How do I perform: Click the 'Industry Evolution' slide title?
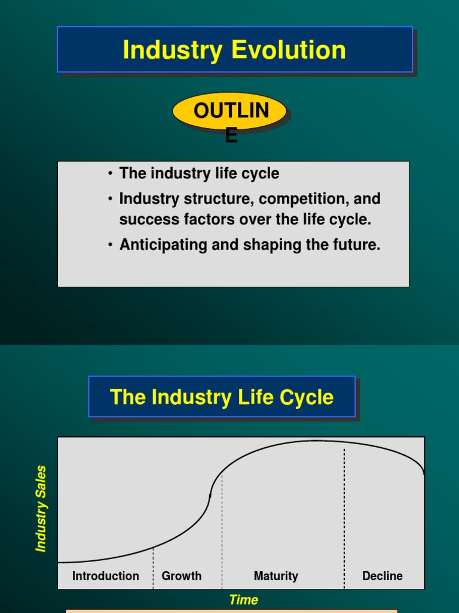(234, 50)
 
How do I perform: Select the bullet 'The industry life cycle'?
(199, 174)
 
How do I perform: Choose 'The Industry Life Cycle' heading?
(222, 397)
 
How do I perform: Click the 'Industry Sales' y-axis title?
(41, 508)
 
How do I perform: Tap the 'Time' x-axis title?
(244, 600)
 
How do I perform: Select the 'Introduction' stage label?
(106, 576)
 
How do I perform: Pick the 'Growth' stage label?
(182, 576)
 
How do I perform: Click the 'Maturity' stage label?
(276, 576)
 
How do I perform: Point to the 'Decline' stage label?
(382, 576)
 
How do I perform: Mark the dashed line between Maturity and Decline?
(344, 515)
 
